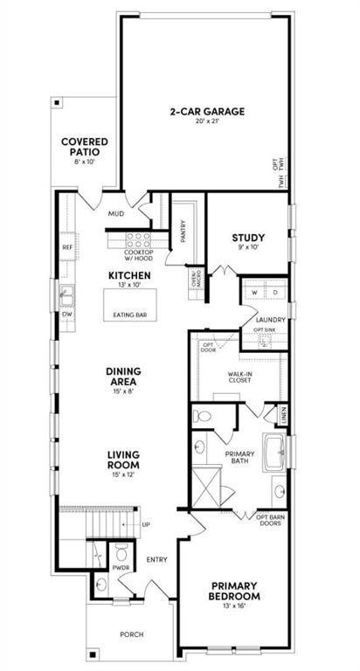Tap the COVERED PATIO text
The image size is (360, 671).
click(84, 148)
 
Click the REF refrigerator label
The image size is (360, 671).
click(67, 247)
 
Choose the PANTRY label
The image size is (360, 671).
click(183, 231)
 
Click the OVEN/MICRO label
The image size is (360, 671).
click(195, 280)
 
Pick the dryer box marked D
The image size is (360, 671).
click(272, 292)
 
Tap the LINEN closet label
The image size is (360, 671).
click(283, 412)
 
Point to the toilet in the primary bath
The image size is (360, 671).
click(202, 416)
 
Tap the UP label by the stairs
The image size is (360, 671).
click(146, 524)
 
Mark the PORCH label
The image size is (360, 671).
click(132, 634)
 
